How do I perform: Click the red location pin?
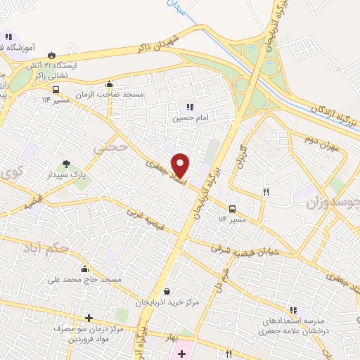point(181,165)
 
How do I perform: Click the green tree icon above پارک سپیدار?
point(67,163)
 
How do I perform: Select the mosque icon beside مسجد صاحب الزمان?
point(109,84)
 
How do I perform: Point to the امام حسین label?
point(187,118)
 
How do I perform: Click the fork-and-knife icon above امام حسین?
point(189,107)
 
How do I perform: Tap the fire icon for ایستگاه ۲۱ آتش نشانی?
point(51,55)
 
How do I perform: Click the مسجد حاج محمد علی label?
point(85,280)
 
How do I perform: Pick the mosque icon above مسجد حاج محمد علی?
point(85,269)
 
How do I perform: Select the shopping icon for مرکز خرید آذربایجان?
point(167,291)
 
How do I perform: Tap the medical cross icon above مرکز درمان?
point(89,318)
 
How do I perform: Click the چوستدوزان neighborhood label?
point(333,203)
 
